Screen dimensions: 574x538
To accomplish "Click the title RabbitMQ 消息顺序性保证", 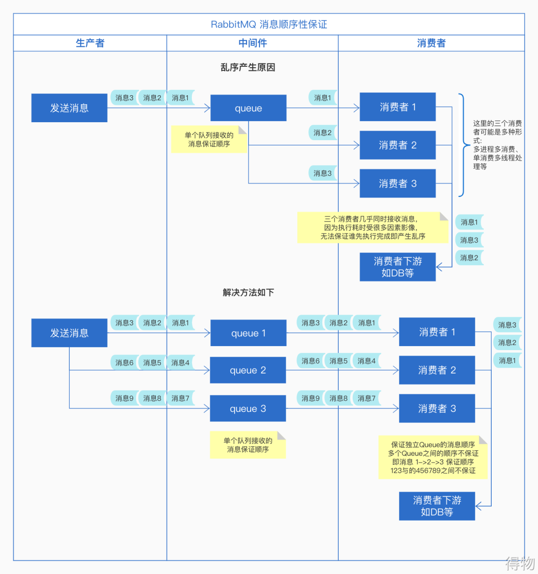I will (x=269, y=24).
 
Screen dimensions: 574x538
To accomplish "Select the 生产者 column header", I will (x=90, y=43).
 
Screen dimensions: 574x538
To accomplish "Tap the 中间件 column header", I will (x=253, y=43).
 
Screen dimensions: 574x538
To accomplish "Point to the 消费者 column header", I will (x=431, y=43).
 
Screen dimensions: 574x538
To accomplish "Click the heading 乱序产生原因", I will (x=248, y=67).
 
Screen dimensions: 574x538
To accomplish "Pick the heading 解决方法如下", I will (x=248, y=292).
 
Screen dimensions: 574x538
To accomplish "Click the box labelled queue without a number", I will (x=248, y=108).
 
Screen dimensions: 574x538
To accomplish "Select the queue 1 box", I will (x=248, y=333).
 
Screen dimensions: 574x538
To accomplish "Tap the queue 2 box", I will (x=248, y=370).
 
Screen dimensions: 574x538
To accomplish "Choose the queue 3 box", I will (x=248, y=409).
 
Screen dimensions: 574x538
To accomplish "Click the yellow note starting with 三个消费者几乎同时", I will (x=372, y=227).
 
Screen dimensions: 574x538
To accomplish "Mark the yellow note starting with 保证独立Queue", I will (x=432, y=457).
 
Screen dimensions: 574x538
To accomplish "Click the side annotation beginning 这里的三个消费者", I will (x=497, y=145).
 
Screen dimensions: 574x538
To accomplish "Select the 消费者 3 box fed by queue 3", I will (x=437, y=408).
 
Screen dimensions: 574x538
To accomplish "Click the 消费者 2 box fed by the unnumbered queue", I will (x=398, y=145).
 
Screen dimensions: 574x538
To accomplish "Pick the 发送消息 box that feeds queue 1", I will (x=69, y=333).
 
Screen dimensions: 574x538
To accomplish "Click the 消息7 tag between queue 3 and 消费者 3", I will (x=366, y=398).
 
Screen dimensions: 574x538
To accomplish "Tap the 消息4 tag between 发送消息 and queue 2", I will (x=180, y=363).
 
